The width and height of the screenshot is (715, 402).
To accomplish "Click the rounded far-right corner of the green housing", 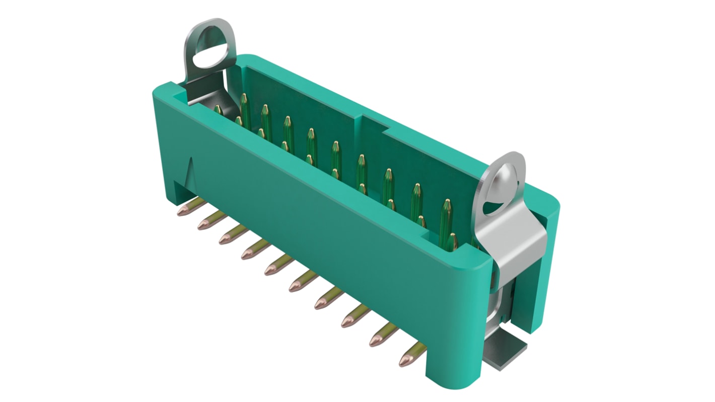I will click(553, 202).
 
